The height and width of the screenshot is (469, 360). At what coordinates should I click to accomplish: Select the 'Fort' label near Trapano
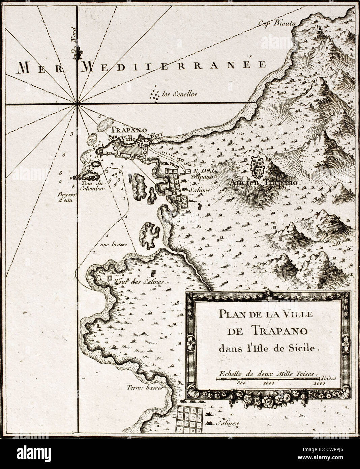point(157,135)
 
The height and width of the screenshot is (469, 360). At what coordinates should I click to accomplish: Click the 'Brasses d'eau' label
point(67,197)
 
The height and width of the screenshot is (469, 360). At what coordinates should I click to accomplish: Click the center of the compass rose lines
point(78,104)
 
